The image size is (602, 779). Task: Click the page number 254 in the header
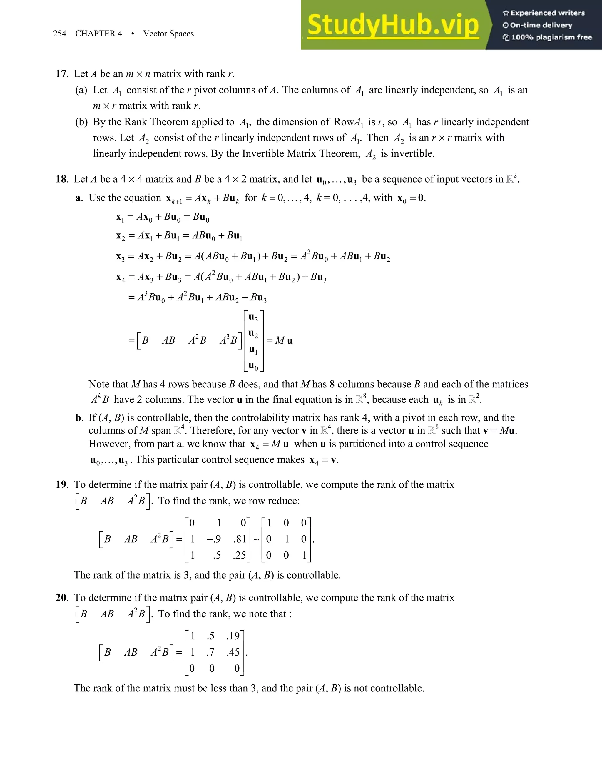(x=60, y=34)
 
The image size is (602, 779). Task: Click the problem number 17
(x=61, y=74)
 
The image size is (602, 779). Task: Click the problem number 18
(x=61, y=179)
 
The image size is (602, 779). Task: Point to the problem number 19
(x=61, y=484)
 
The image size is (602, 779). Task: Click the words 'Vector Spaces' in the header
(x=168, y=34)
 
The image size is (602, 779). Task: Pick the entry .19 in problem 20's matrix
(x=233, y=636)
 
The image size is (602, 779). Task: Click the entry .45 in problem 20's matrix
(x=233, y=652)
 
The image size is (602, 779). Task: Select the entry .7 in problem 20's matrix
(x=210, y=652)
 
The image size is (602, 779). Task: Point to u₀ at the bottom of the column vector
(x=253, y=366)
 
